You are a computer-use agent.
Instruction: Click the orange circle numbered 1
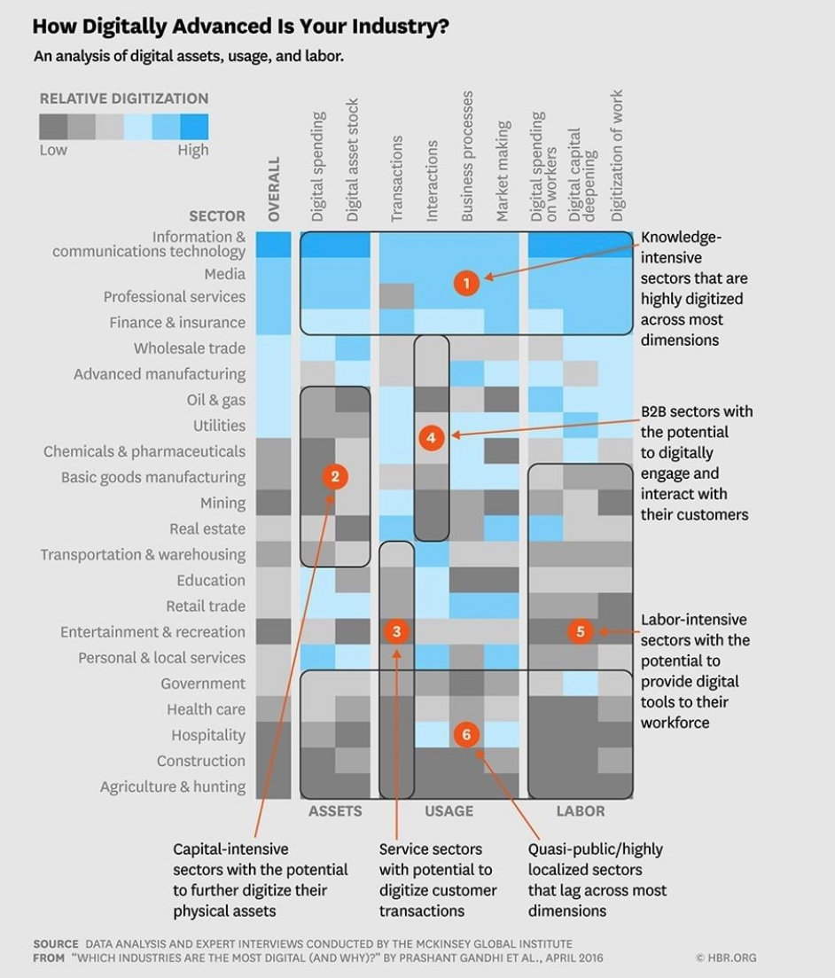pyautogui.click(x=466, y=283)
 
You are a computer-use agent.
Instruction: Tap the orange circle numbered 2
pyautogui.click(x=334, y=477)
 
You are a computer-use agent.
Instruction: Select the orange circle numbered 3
pyautogui.click(x=396, y=631)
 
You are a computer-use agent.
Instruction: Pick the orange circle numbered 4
pyautogui.click(x=431, y=437)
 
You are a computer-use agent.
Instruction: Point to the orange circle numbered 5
pyautogui.click(x=581, y=631)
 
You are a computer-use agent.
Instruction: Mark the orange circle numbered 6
pyautogui.click(x=466, y=734)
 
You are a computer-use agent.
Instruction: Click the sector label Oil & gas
pyautogui.click(x=215, y=400)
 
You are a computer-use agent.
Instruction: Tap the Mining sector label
pyautogui.click(x=222, y=503)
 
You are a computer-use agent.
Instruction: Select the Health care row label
pyautogui.click(x=206, y=708)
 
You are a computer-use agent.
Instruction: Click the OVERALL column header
pyautogui.click(x=274, y=190)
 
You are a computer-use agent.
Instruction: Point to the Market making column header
pyautogui.click(x=503, y=171)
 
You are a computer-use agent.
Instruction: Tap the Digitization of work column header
pyautogui.click(x=617, y=155)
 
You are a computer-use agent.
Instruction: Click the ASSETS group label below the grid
pyautogui.click(x=335, y=810)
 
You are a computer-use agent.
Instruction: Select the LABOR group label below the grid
pyautogui.click(x=580, y=810)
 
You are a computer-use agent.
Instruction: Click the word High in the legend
pyautogui.click(x=192, y=150)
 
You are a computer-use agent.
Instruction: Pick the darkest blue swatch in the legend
pyautogui.click(x=194, y=127)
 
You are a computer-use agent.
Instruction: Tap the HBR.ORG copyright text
pyautogui.click(x=726, y=958)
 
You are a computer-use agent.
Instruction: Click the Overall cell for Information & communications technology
pyautogui.click(x=274, y=244)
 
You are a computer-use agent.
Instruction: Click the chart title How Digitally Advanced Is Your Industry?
pyautogui.click(x=240, y=27)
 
